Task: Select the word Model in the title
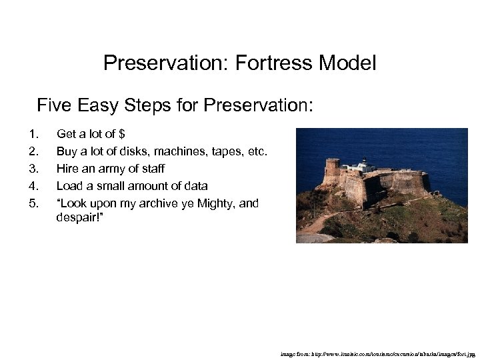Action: [x=347, y=63]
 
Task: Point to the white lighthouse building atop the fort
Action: [x=364, y=164]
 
